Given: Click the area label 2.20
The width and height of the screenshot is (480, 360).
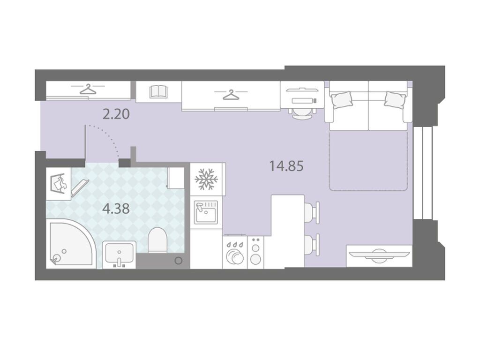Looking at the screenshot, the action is [116, 114].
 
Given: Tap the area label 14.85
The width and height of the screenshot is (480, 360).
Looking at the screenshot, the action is [286, 166].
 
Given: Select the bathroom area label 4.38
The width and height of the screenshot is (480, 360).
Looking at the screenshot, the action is [116, 209].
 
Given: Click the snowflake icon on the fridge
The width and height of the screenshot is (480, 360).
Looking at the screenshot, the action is [206, 179].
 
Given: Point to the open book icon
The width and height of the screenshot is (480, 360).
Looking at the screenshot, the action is [158, 91].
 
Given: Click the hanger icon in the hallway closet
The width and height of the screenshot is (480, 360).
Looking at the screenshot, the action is [88, 89].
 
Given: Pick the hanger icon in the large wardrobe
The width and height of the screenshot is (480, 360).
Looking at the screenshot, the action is [231, 95].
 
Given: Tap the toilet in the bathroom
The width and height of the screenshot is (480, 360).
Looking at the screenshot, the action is [157, 240].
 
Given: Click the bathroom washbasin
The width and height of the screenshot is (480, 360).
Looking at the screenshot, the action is [119, 254].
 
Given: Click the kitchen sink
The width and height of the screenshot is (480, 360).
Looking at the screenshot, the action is [206, 212].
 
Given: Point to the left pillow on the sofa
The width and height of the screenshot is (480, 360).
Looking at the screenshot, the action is [342, 100].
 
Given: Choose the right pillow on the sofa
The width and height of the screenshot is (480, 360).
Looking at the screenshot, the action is [396, 99].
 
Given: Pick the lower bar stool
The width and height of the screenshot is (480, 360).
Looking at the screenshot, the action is [312, 245].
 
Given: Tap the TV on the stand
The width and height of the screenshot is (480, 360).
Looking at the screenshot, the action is [379, 255].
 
